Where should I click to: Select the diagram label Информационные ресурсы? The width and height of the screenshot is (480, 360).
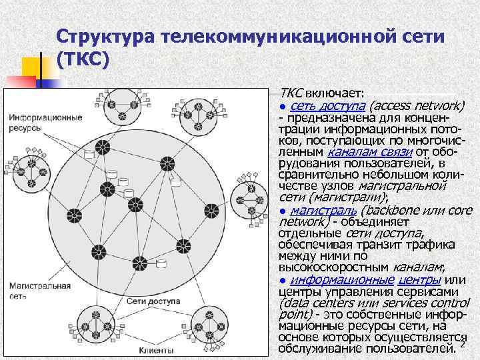tap(45, 123)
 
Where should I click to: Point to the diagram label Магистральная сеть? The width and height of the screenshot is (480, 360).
tap(39, 291)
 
